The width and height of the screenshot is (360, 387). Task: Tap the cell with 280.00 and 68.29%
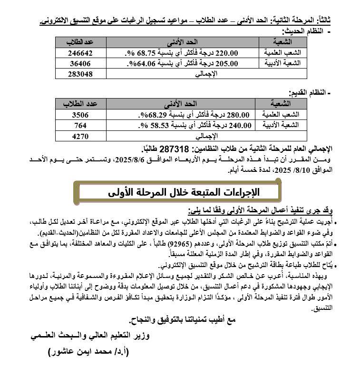click(180, 114)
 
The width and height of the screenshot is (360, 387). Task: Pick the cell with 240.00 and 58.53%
click(180, 125)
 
